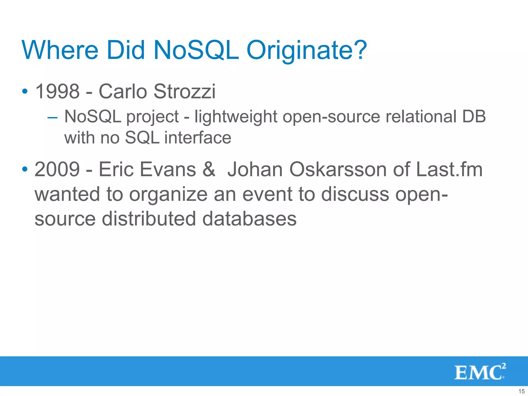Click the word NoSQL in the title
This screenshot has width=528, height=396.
[x=196, y=50]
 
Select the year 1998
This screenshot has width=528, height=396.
[x=57, y=91]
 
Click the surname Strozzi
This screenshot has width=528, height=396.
[x=184, y=91]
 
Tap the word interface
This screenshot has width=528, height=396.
[x=198, y=138]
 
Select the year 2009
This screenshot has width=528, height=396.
[x=57, y=169]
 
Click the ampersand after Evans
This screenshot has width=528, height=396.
[x=209, y=169]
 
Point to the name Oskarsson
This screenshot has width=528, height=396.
[x=338, y=169]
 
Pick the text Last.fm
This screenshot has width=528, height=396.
[x=449, y=169]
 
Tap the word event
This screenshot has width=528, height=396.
[x=267, y=194]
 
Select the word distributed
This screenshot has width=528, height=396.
[x=149, y=219]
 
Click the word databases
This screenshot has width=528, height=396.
[x=249, y=219]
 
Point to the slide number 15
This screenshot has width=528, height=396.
[x=521, y=391]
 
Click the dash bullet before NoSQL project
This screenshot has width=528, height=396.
[x=52, y=118]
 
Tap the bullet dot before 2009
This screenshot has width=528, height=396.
[x=25, y=169]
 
